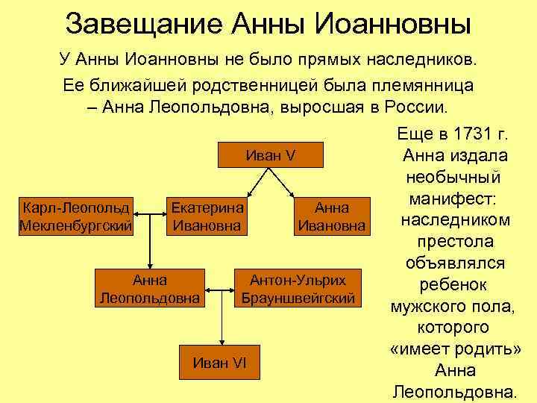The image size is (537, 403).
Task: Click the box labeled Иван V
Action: tap(271, 156)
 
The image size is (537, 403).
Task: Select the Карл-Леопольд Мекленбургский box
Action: tap(76, 215)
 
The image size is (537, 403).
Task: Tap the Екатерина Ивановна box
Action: tap(207, 215)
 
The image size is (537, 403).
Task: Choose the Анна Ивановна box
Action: tap(331, 215)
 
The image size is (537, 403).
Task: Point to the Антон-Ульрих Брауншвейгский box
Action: tap(298, 290)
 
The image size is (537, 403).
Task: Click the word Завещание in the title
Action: tap(139, 25)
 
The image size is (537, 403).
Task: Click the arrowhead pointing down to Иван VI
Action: tap(220, 342)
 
